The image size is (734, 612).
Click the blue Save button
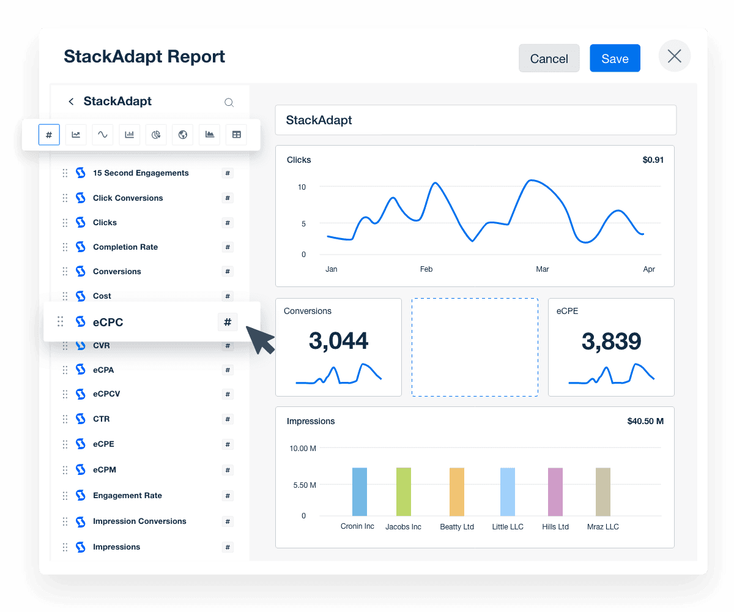[615, 58]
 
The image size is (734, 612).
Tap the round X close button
[675, 56]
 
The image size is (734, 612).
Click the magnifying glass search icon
[229, 103]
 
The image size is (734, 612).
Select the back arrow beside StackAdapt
[71, 102]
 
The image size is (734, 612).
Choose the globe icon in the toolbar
[183, 135]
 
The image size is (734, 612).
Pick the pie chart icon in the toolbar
[156, 135]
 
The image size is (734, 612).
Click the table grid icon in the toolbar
[236, 135]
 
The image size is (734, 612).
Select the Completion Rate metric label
[125, 247]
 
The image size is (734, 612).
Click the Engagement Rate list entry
[127, 496]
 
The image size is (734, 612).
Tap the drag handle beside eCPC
[61, 322]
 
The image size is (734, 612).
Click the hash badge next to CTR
[228, 419]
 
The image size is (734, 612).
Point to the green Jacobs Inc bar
[404, 491]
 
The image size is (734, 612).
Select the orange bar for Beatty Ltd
[457, 491]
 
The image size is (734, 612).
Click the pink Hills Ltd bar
[555, 491]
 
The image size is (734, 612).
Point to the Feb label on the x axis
[426, 269]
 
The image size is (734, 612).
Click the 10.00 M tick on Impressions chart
[303, 449]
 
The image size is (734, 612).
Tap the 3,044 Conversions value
[338, 341]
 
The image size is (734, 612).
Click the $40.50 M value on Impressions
[645, 421]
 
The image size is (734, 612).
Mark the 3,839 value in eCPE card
[611, 341]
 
